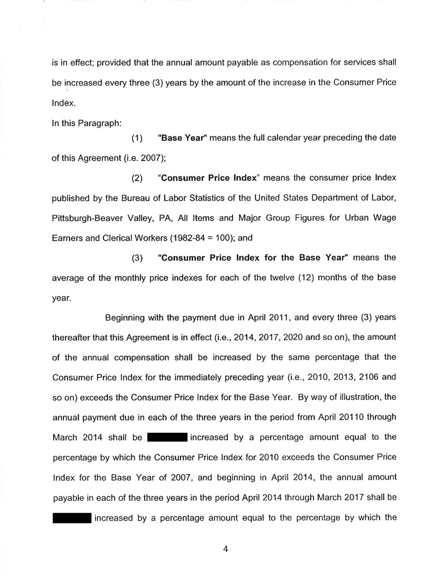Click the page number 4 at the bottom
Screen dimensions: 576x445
(226, 549)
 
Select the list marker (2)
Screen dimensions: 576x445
(137, 178)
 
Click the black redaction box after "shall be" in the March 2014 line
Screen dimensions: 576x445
(167, 437)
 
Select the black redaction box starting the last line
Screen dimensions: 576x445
(72, 518)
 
